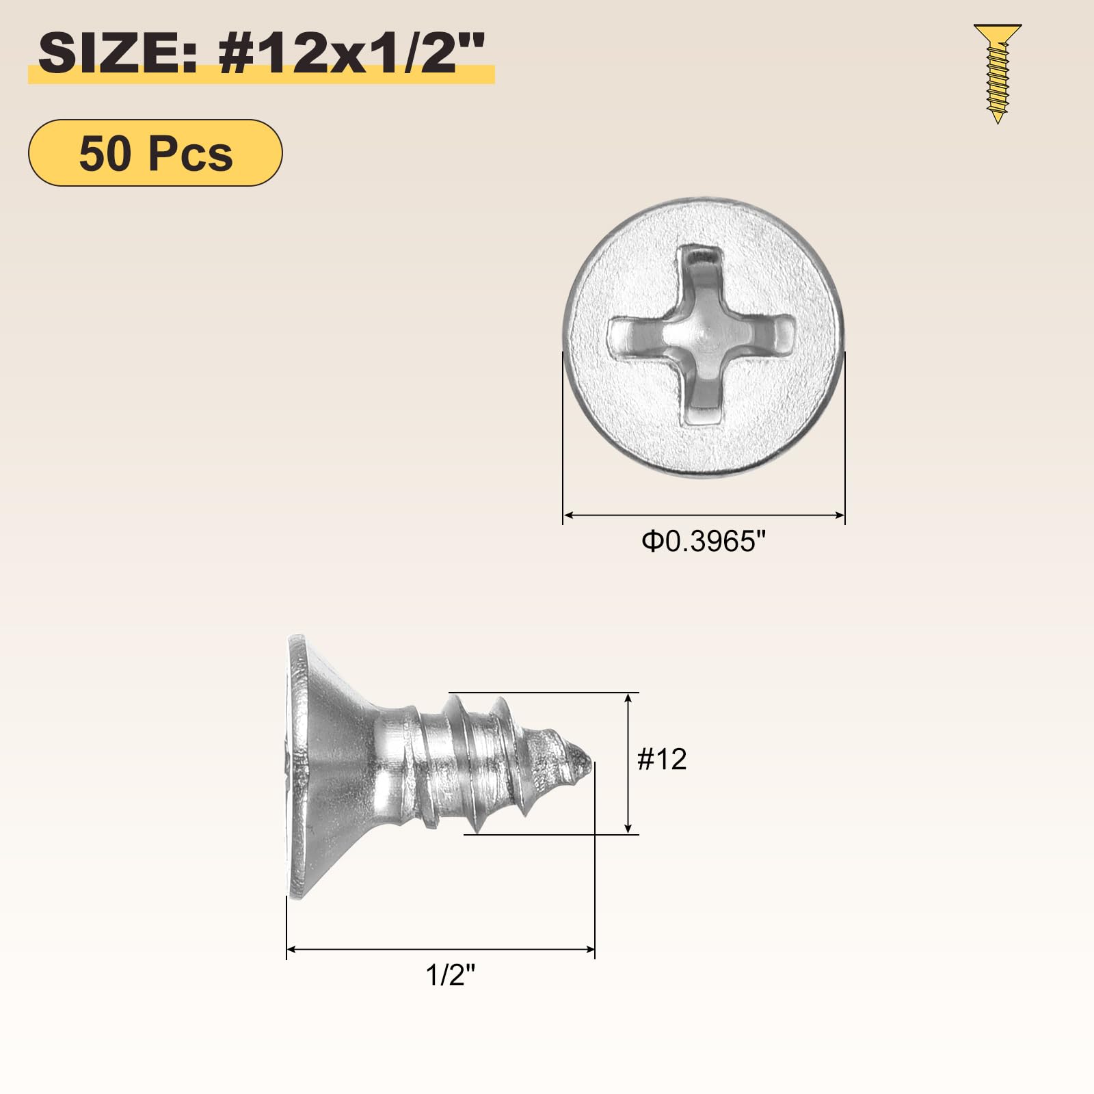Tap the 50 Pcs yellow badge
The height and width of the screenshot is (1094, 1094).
point(155,152)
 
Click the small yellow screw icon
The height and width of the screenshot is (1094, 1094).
point(998,74)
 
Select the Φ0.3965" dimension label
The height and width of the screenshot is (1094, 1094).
point(703,542)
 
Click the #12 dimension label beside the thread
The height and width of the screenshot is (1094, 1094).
point(661,759)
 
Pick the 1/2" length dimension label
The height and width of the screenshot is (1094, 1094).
point(450,975)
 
